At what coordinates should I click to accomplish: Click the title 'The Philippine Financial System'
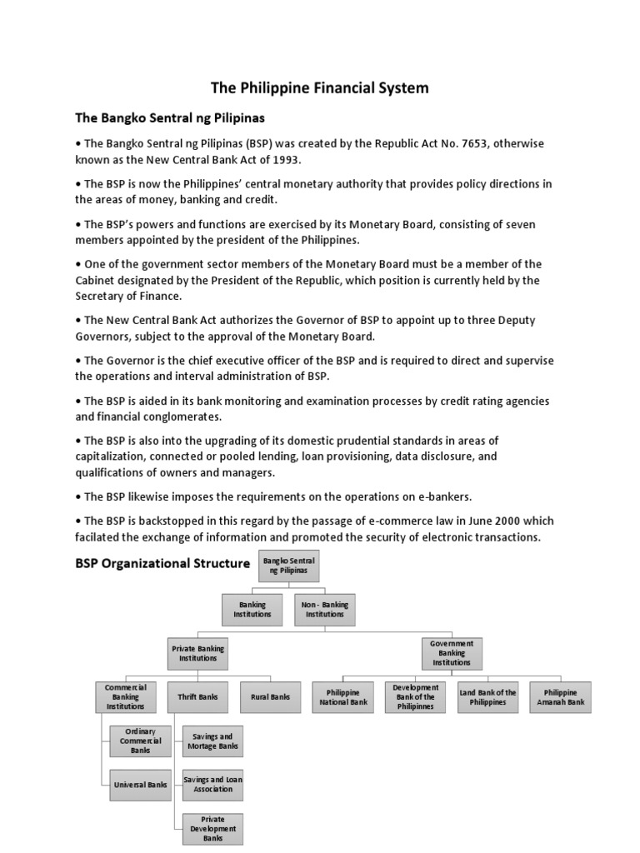point(320,87)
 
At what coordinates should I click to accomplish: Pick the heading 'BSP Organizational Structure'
point(162,563)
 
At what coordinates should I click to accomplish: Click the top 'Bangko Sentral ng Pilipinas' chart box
point(289,567)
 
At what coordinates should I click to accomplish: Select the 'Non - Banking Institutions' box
point(325,610)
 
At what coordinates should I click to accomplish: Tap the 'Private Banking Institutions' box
point(197,653)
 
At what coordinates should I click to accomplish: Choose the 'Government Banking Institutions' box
point(452,653)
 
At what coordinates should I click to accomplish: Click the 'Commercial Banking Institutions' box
point(125,697)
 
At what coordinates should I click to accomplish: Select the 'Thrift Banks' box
point(197,696)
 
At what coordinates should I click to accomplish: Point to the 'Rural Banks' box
point(270,696)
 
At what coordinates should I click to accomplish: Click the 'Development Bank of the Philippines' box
point(415,697)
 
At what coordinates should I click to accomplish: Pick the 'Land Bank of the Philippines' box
point(487,697)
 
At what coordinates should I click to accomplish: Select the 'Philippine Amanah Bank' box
point(560,697)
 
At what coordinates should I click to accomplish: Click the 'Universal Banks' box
point(140,784)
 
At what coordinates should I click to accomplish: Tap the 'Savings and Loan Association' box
point(212,784)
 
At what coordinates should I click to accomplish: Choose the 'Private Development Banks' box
point(212,828)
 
